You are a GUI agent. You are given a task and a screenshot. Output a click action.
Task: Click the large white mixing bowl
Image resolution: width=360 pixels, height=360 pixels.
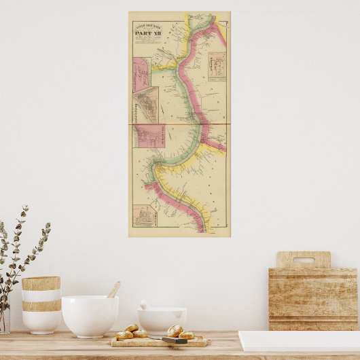coord(90,315)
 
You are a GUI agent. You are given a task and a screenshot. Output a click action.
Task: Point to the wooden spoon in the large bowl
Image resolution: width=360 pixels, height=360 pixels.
coord(113,290)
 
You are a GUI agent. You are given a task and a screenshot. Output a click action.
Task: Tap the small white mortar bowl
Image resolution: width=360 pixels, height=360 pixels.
coord(162,320)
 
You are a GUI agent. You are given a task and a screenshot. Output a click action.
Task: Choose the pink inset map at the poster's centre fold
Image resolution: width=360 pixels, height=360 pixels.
coord(147,135)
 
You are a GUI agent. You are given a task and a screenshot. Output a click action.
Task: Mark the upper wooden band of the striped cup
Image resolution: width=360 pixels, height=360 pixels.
coord(41,283)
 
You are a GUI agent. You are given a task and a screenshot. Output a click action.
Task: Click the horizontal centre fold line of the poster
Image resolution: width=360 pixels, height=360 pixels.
coord(179,124)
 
